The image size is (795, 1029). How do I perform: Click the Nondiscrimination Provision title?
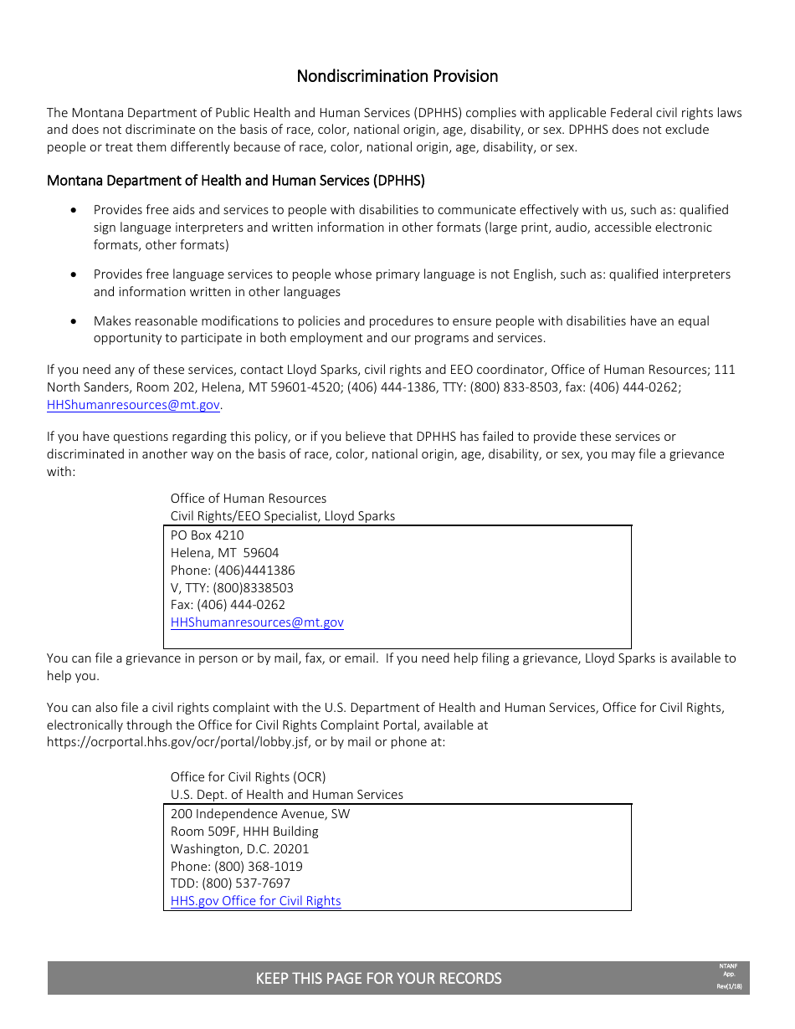pyautogui.click(x=397, y=76)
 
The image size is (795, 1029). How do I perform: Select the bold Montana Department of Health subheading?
pyautogui.click(x=235, y=181)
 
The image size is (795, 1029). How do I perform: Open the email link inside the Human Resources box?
pyautogui.click(x=257, y=622)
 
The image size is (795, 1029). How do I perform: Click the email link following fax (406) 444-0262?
pyautogui.click(x=134, y=405)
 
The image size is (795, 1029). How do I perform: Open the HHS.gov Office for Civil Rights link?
pyautogui.click(x=255, y=901)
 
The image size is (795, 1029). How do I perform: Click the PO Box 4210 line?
pyautogui.click(x=207, y=535)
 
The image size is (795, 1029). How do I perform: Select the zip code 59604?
pyautogui.click(x=261, y=553)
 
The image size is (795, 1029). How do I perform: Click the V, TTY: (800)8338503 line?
pyautogui.click(x=232, y=588)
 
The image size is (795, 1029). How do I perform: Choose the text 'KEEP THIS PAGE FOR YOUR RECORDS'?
pyautogui.click(x=378, y=979)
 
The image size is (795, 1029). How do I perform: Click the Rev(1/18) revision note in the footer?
pyautogui.click(x=728, y=987)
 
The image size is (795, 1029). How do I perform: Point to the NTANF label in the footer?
pyautogui.click(x=728, y=966)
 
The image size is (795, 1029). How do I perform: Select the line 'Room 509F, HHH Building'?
pyautogui.click(x=244, y=832)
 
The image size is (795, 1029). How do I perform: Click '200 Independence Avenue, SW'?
pyautogui.click(x=260, y=814)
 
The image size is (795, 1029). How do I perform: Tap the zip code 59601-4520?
pyautogui.click(x=293, y=387)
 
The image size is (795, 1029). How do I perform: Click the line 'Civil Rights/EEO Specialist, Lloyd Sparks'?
pyautogui.click(x=282, y=516)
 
